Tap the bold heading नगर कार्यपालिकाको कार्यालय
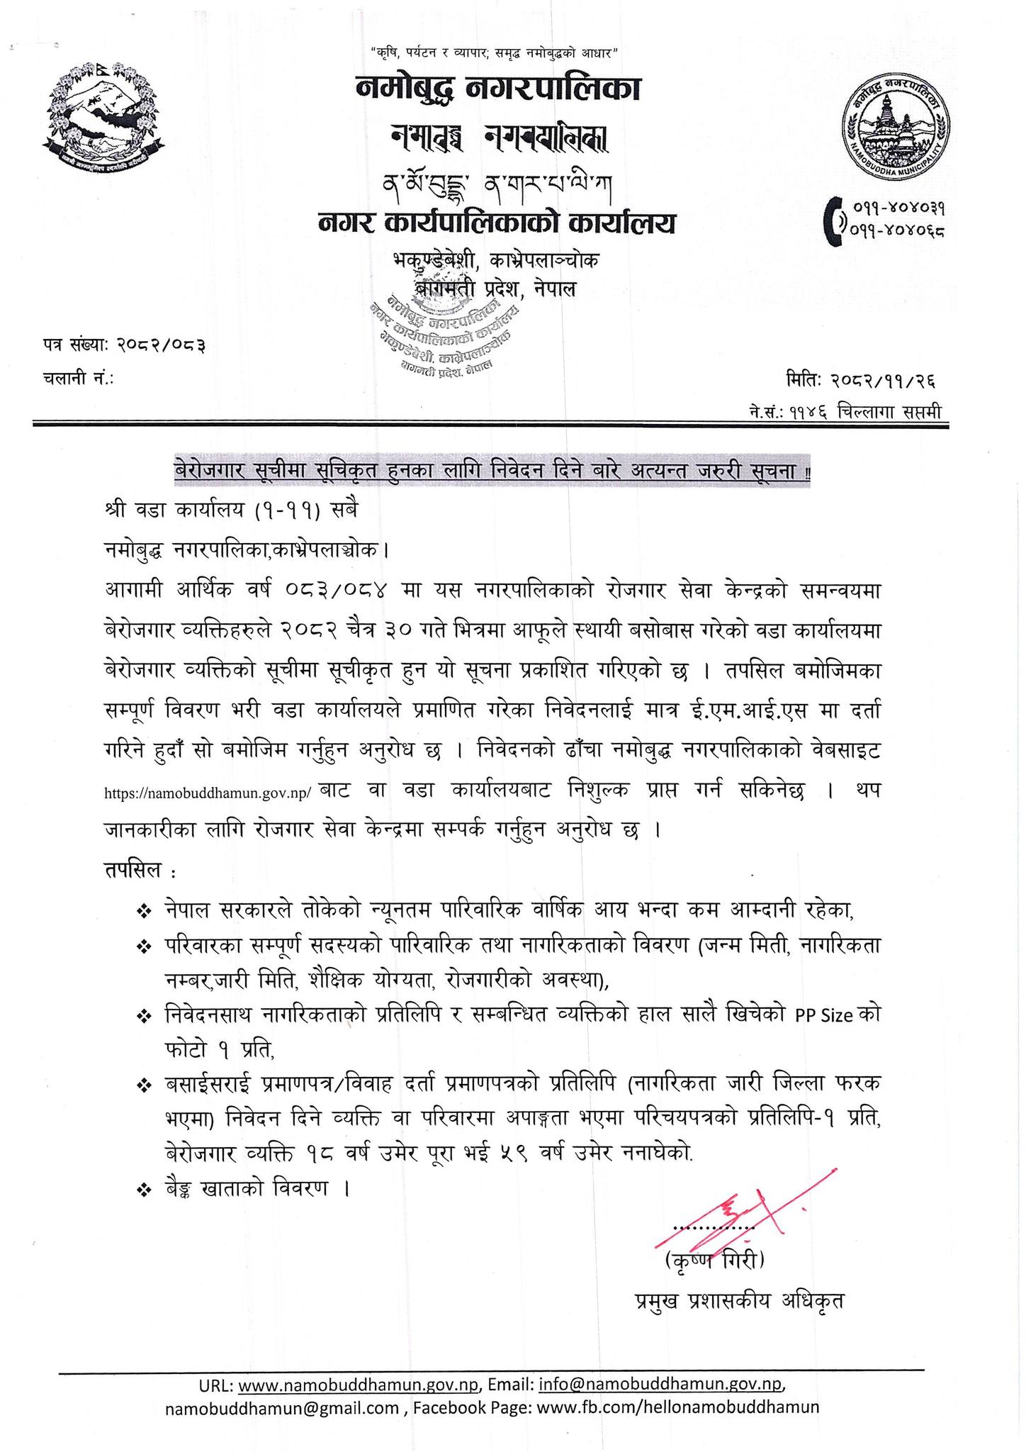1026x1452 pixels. coord(496,223)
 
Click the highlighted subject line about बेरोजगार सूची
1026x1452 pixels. coord(493,471)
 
